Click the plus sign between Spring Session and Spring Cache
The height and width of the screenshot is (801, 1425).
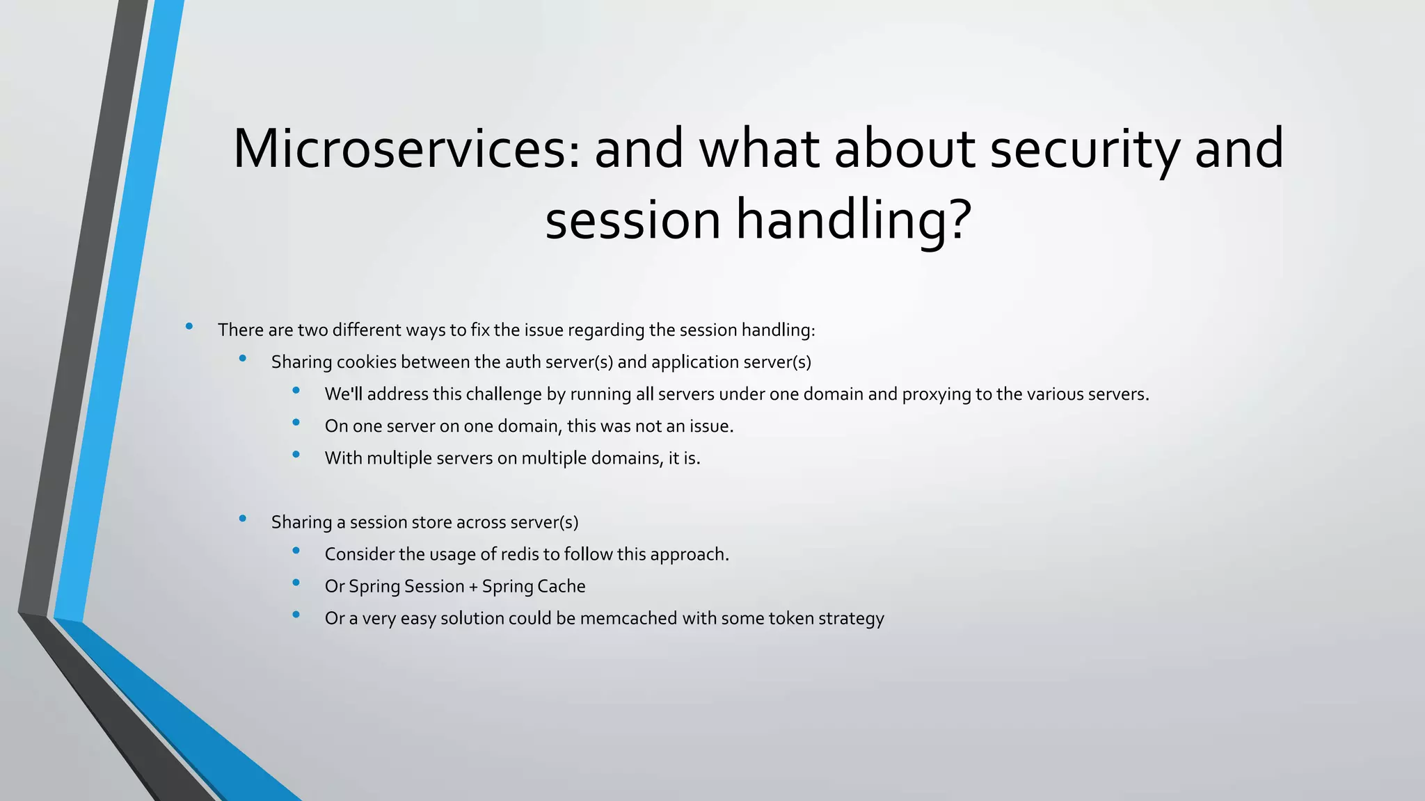tap(473, 587)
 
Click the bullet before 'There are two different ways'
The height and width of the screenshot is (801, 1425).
tap(189, 326)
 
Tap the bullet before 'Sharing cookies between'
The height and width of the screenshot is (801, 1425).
tap(242, 358)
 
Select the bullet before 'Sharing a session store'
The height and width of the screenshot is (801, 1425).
tap(242, 518)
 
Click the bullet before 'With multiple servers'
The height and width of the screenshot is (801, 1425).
tap(296, 454)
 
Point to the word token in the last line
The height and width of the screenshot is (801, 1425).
tap(790, 618)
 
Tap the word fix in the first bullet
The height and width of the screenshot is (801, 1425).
tap(480, 330)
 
